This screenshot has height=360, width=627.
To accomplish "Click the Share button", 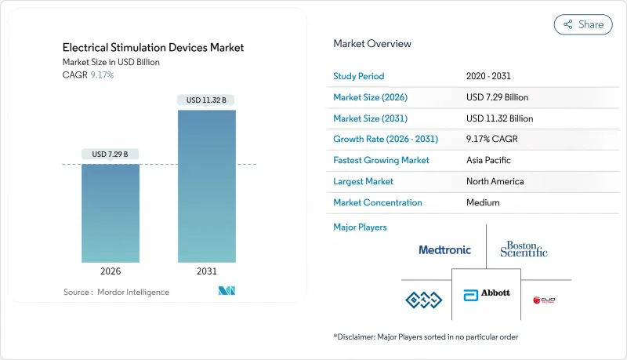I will pyautogui.click(x=583, y=24).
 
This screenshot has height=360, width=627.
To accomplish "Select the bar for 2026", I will pyautogui.click(x=111, y=213).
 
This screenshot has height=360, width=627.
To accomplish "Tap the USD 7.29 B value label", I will pyautogui.click(x=111, y=153).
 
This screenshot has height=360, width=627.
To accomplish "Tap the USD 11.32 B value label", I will pyautogui.click(x=207, y=100).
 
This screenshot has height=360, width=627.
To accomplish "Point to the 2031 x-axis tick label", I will pyautogui.click(x=207, y=271).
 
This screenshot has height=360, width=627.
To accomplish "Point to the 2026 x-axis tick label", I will pyautogui.click(x=111, y=271).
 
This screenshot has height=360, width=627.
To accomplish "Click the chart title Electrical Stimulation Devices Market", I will pyautogui.click(x=153, y=48).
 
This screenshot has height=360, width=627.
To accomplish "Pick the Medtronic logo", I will pyautogui.click(x=444, y=250).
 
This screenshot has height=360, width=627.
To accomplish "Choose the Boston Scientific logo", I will pyautogui.click(x=524, y=249).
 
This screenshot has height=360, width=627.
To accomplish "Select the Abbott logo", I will pyautogui.click(x=487, y=293).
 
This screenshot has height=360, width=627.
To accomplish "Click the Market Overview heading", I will pyautogui.click(x=371, y=44).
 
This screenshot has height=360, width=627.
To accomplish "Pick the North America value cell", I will pyautogui.click(x=495, y=181).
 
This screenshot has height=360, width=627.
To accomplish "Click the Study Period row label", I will pyautogui.click(x=359, y=76).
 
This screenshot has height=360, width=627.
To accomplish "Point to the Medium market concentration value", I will pyautogui.click(x=483, y=202).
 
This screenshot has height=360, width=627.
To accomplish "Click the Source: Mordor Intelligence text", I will pyautogui.click(x=116, y=292).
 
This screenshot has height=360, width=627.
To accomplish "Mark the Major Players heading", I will pyautogui.click(x=360, y=227).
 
